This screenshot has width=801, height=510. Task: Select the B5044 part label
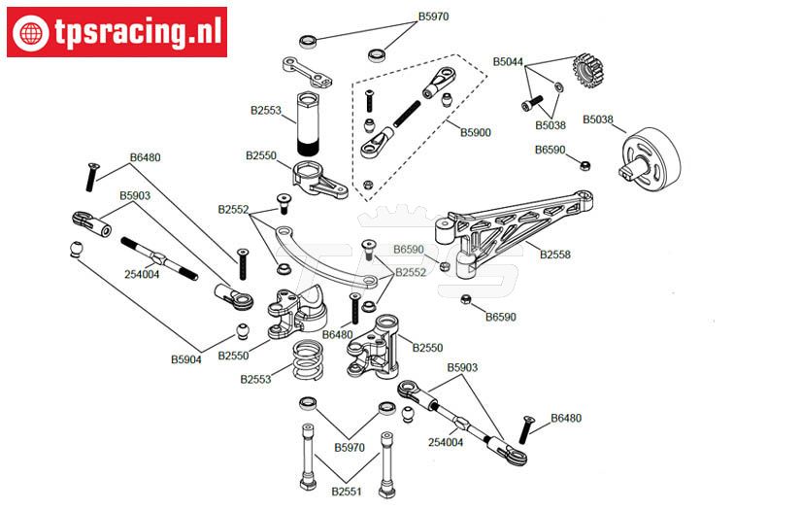coord(508,62)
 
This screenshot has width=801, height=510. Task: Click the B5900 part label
coord(476,132)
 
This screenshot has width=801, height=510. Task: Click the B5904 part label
coord(186,359)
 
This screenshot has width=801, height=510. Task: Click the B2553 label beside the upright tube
coord(265,111)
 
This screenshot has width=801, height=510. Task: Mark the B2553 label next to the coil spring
coord(256,379)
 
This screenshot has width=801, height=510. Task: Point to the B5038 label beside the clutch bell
coord(598,119)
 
